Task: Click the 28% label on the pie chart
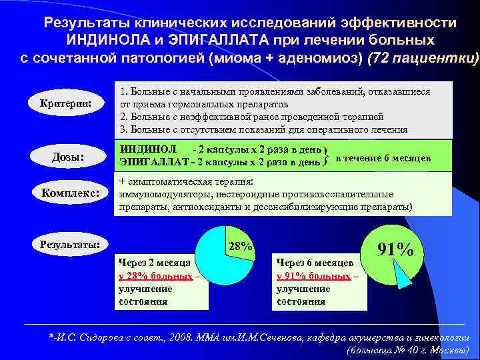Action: pos(240,247)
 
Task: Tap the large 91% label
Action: pos(395,249)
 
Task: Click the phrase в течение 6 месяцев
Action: pos(383,158)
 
